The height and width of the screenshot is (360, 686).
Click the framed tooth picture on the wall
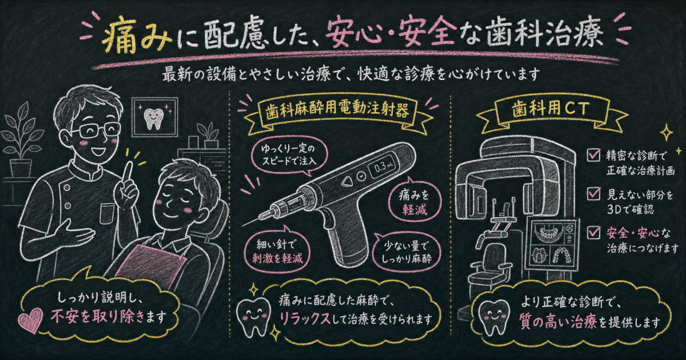tap(155, 117)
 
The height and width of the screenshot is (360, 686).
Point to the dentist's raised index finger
tap(127, 171)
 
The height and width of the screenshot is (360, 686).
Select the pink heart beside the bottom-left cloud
tap(30, 320)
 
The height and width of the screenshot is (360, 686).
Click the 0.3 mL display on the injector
tap(383, 167)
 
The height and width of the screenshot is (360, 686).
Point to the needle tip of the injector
tap(243, 226)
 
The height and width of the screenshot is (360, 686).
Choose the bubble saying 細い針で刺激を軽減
tap(277, 251)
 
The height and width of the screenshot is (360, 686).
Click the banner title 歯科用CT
tap(551, 109)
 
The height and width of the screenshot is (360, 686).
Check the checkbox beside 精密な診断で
tap(593, 155)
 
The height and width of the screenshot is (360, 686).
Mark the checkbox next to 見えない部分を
tap(593, 194)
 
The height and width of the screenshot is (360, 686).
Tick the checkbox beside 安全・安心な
tap(593, 233)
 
